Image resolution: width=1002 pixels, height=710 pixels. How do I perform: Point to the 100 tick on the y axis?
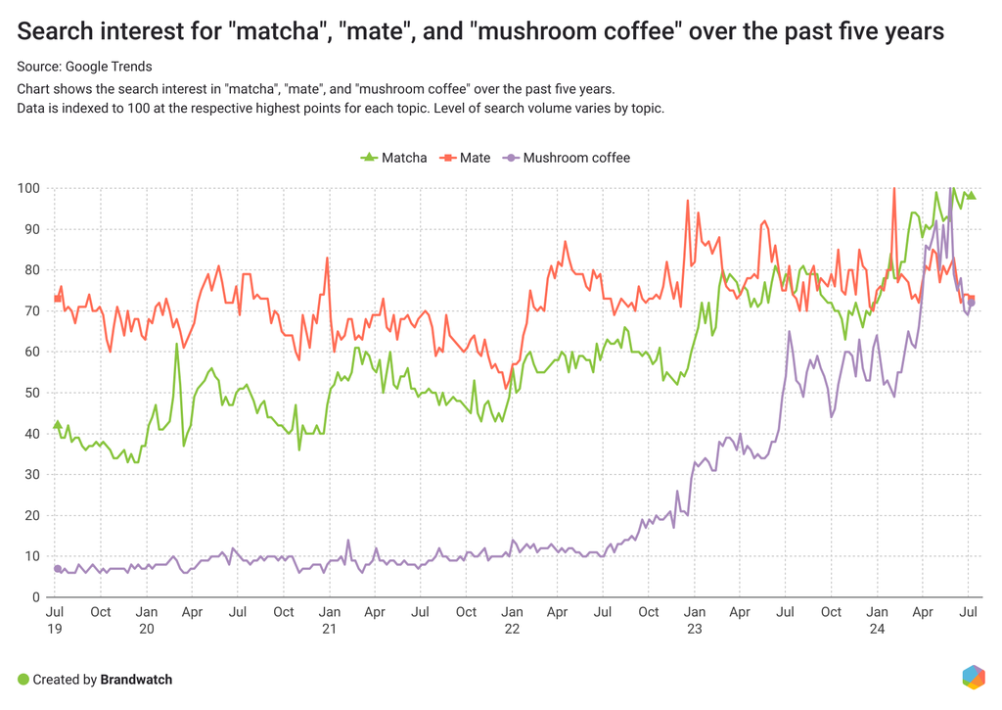[28, 188]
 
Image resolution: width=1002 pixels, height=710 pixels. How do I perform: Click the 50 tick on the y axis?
[32, 393]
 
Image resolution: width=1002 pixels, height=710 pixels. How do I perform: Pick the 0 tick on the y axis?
[36, 597]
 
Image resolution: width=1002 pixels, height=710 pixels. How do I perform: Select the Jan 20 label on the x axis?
[146, 620]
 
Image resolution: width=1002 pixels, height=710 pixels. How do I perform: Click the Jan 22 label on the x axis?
[512, 620]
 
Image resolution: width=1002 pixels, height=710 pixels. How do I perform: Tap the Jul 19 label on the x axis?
[55, 620]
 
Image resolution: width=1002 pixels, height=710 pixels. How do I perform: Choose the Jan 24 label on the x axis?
[877, 620]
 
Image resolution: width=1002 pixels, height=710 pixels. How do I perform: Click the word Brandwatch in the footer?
[136, 680]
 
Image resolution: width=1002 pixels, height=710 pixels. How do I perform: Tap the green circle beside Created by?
[23, 680]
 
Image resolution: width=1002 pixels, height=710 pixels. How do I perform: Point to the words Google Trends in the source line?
[109, 67]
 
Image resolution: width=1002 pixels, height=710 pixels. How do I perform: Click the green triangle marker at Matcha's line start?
[57, 425]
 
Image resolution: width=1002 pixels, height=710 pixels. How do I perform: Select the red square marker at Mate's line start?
[58, 299]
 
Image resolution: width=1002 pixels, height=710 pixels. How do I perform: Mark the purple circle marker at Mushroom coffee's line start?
[58, 568]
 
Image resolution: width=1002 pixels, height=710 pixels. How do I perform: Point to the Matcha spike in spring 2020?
[177, 344]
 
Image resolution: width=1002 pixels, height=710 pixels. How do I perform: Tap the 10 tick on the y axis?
[32, 556]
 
